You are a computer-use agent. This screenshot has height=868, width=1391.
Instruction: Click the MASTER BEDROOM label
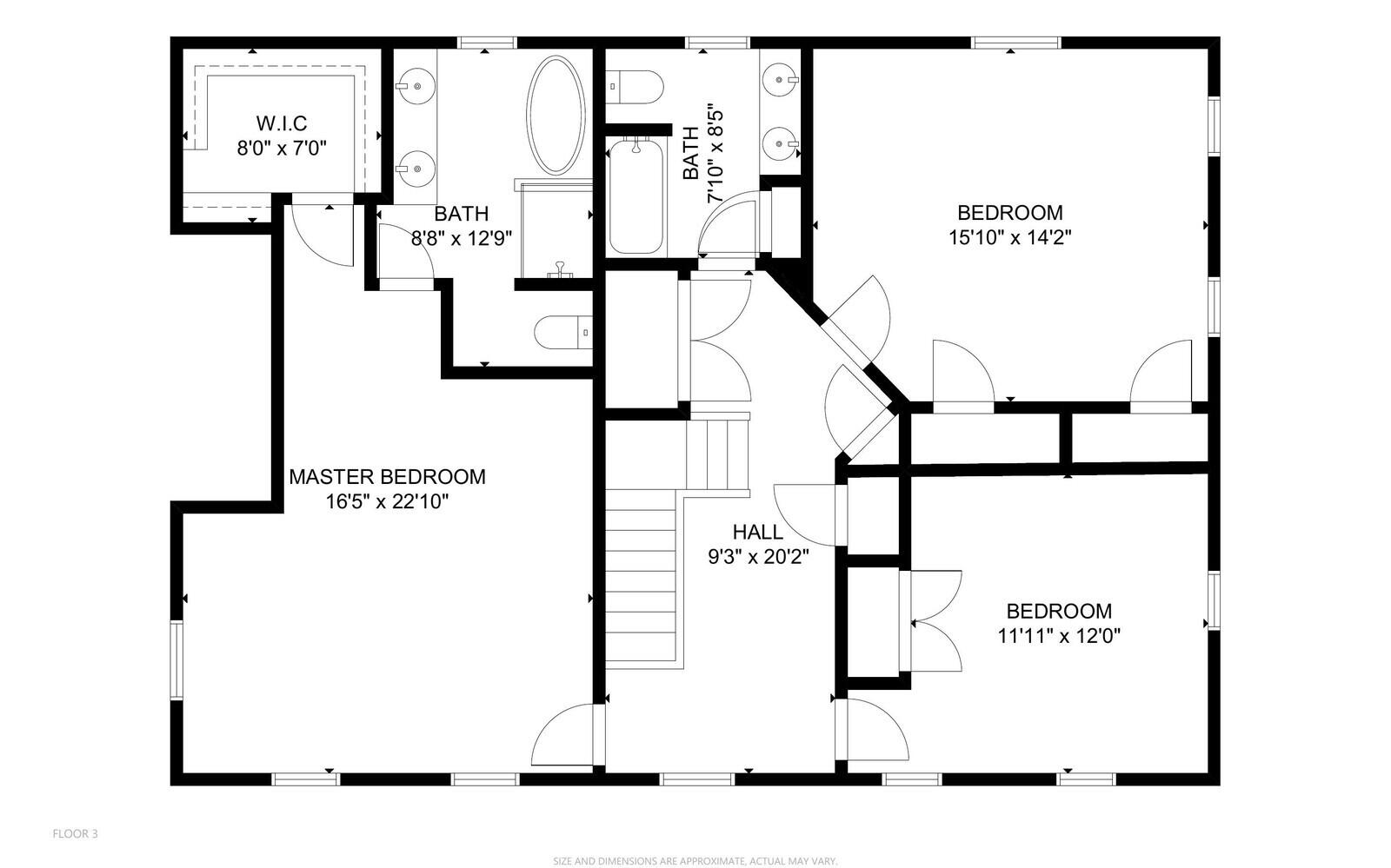[388, 477]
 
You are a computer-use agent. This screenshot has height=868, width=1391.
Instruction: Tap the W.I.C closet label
[282, 123]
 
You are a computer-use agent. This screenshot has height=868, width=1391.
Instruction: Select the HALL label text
[757, 533]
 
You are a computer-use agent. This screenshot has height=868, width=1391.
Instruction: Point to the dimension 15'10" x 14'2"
[1009, 237]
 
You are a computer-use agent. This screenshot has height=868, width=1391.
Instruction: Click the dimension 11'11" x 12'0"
[1059, 636]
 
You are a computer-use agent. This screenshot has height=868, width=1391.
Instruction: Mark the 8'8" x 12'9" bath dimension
[462, 238]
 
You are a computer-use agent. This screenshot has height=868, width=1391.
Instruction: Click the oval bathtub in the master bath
[556, 115]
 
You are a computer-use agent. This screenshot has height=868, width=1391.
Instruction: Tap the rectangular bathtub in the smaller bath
[636, 197]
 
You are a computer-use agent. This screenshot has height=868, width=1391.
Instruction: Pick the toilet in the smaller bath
[635, 87]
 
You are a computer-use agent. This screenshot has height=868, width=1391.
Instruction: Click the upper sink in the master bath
[415, 86]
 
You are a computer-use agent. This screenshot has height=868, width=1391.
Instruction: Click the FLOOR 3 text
[75, 834]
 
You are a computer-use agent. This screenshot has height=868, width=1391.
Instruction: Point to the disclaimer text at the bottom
[695, 861]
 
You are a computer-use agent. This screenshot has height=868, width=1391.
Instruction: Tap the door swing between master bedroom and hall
[562, 735]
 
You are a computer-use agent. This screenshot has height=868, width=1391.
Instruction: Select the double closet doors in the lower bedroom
[930, 621]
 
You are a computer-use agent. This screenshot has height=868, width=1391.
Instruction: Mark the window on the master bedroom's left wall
[177, 660]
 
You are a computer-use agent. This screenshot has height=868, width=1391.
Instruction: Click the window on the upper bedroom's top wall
[1016, 43]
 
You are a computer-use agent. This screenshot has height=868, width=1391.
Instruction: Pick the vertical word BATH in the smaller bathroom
[690, 153]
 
